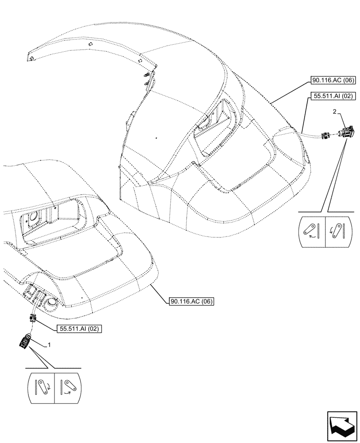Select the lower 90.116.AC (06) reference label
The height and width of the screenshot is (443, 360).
tap(192, 302)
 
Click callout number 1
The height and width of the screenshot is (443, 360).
tap(50, 344)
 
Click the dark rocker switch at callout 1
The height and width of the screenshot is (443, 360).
tap(25, 342)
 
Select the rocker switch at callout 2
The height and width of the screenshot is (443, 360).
tap(346, 132)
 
